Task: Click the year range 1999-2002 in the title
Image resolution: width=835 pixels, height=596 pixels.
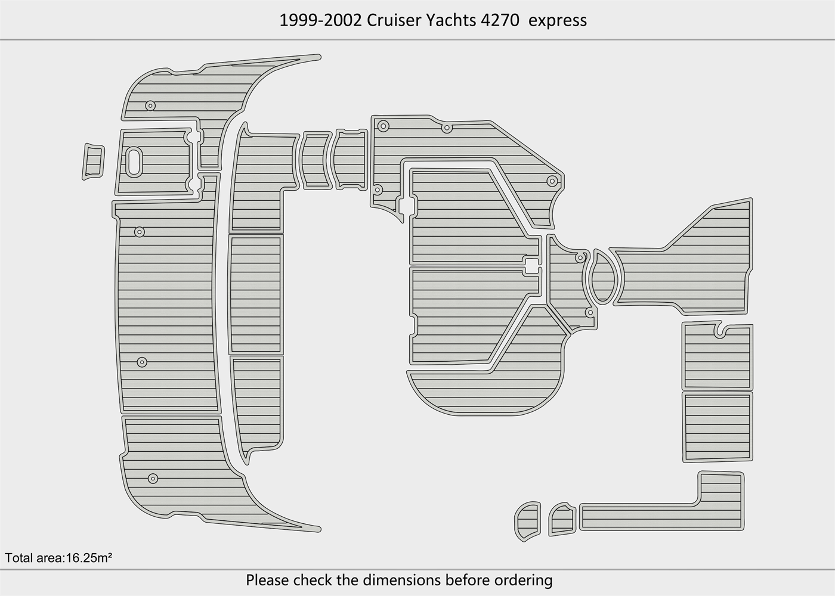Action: point(321,20)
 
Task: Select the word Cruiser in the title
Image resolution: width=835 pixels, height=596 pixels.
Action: point(394,20)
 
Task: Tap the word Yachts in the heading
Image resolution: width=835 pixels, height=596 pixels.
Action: point(451,20)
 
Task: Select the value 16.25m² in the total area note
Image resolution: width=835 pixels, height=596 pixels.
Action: point(89,558)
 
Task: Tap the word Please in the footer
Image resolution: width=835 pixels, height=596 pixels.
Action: point(268,580)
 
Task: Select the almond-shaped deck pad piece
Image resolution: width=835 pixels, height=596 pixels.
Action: point(602,277)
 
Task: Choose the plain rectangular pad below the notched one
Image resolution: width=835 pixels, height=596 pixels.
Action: point(717,427)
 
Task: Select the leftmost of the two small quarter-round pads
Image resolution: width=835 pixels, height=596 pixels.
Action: point(527,521)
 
